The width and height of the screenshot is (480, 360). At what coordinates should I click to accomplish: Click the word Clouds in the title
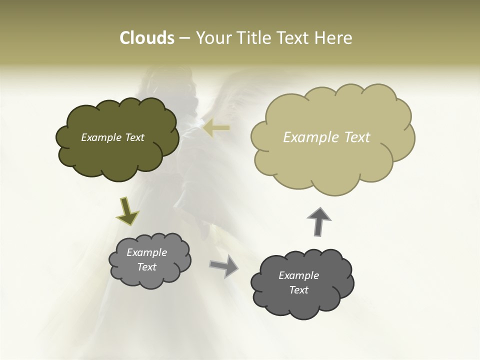pyautogui.click(x=146, y=38)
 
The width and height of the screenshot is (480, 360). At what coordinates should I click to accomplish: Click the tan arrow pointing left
pyautogui.click(x=216, y=128)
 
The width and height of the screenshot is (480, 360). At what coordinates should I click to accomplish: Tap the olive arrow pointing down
pyautogui.click(x=127, y=210)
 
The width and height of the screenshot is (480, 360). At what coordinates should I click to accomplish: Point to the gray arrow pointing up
pyautogui.click(x=318, y=220)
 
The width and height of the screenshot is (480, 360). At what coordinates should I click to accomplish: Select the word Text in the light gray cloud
pyautogui.click(x=147, y=267)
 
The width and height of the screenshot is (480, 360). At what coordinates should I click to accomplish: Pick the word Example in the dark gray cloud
pyautogui.click(x=298, y=275)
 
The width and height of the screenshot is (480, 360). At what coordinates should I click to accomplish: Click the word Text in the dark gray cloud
pyautogui.click(x=298, y=290)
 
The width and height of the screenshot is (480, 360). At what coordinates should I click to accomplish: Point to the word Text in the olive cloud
pyautogui.click(x=134, y=137)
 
